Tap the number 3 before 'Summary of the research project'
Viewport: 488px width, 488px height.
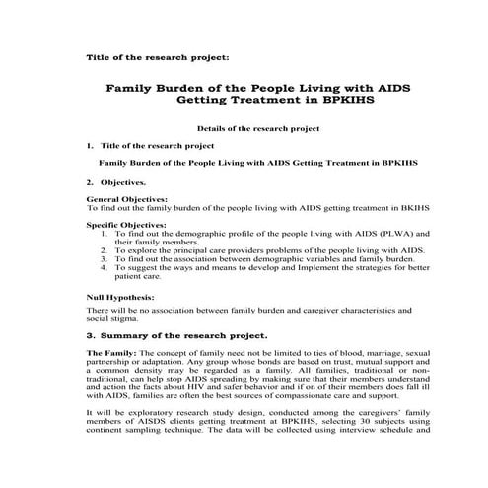pos(90,335)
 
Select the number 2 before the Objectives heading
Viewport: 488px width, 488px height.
pos(90,181)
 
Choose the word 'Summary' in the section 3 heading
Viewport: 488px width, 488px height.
pos(127,335)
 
